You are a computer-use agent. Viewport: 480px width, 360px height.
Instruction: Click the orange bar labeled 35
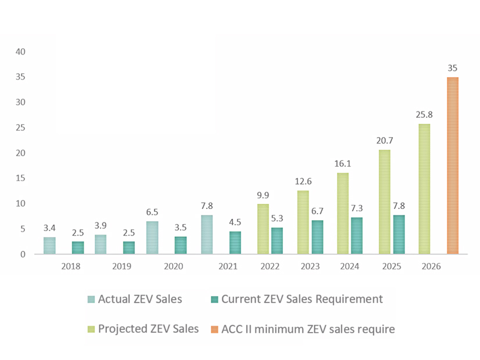(453, 165)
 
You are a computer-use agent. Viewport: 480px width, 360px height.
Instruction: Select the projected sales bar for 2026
(424, 189)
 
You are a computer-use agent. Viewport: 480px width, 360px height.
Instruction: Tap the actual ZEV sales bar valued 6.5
(152, 238)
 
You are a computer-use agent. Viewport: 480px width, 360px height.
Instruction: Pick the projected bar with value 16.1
(343, 214)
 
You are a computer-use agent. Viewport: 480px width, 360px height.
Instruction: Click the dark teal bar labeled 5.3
(278, 241)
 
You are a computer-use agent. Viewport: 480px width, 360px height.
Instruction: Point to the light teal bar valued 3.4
(50, 246)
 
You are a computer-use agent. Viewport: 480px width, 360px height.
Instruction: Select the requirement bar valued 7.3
(357, 236)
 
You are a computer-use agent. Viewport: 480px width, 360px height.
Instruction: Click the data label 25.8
(424, 114)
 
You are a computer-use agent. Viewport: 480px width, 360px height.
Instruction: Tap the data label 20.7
(384, 141)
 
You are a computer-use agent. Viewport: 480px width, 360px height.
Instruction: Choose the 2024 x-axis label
(350, 267)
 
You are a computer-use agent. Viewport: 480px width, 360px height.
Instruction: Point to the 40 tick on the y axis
(21, 52)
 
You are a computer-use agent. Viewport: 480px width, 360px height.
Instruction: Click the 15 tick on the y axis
(21, 178)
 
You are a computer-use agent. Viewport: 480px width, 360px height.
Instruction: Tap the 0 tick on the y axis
(23, 254)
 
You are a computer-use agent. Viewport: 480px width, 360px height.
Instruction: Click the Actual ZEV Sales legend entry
(140, 299)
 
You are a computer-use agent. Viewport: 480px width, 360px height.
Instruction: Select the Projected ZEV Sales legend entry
(148, 329)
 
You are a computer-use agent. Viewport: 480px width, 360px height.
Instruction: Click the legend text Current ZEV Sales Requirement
(302, 299)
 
